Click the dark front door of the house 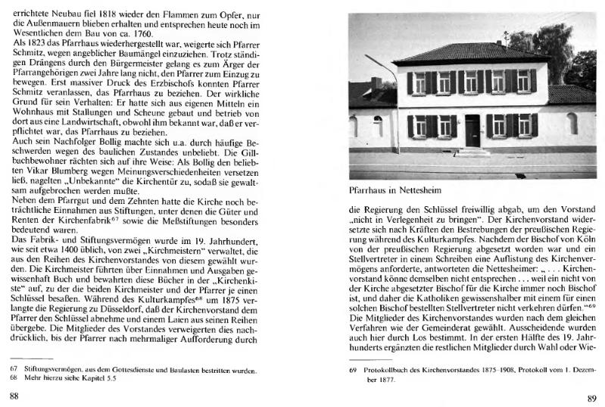pos(472,130)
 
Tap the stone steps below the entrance pos(472,152)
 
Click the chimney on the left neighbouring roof pos(376,83)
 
